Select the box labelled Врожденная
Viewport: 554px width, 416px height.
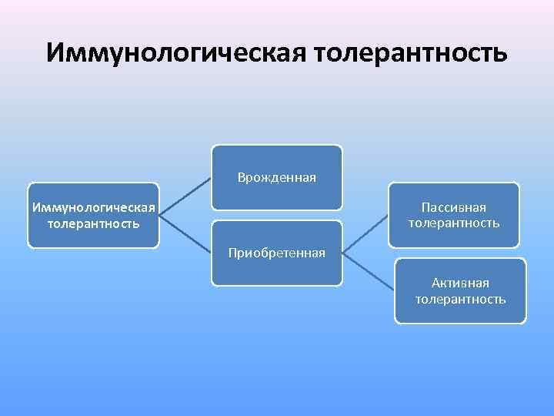point(277,178)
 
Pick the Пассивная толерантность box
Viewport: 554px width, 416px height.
point(454,215)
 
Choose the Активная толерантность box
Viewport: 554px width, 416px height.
point(460,290)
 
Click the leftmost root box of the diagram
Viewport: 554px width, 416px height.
point(93,215)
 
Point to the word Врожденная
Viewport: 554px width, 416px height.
point(277,178)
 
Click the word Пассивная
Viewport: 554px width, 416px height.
point(454,207)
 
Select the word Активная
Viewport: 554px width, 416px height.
point(460,283)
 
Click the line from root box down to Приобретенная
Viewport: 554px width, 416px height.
point(186,234)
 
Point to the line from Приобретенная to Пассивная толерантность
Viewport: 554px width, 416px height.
point(365,234)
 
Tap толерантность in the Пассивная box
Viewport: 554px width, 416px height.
point(454,223)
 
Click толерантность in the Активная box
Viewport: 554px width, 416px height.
point(460,299)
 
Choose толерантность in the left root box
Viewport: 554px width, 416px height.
point(93,223)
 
